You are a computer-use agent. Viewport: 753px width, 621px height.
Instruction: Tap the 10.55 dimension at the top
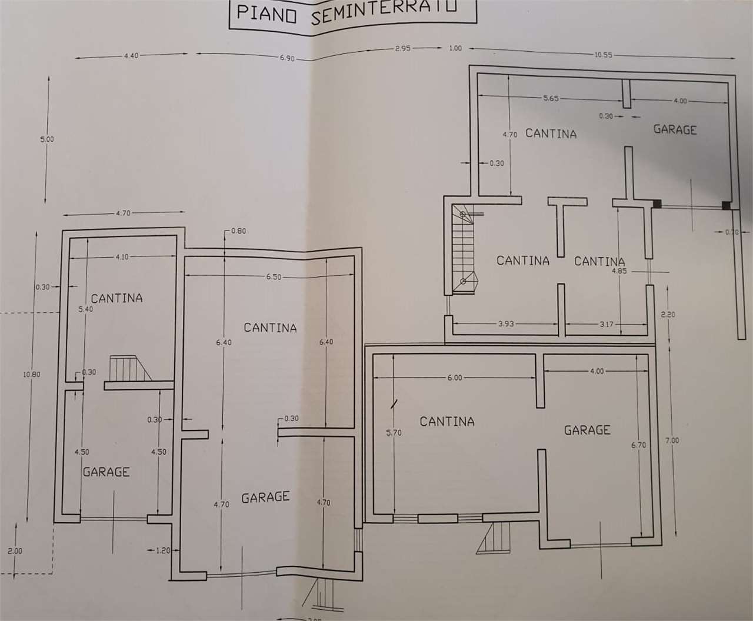pos(604,55)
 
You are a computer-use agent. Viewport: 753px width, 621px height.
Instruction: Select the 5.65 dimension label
pos(551,98)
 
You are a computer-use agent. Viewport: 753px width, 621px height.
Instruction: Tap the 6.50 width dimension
pos(273,276)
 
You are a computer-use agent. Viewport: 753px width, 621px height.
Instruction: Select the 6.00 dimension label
pos(455,378)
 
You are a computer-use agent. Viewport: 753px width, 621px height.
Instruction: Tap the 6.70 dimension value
pos(638,445)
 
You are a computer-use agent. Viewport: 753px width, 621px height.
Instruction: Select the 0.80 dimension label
pos(238,231)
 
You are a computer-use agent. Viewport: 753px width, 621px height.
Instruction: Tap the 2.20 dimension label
pos(668,315)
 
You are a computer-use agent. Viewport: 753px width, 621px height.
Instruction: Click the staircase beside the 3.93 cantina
pos(465,249)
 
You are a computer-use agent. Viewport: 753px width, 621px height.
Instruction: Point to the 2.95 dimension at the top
pos(403,49)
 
